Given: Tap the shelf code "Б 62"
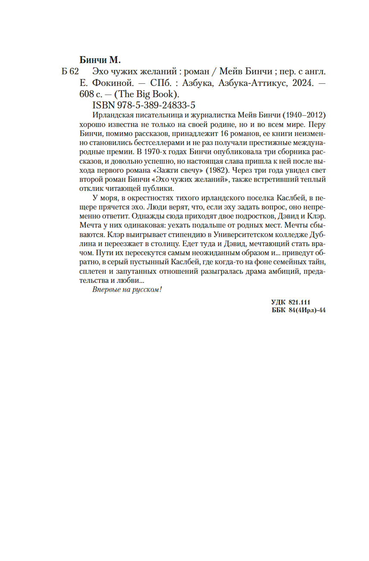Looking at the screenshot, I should tap(70, 72).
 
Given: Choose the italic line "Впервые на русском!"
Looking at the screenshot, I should tap(127, 289).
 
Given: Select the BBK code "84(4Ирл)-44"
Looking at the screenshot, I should tap(307, 310).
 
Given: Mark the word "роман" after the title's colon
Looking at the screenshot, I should tap(205, 72).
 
